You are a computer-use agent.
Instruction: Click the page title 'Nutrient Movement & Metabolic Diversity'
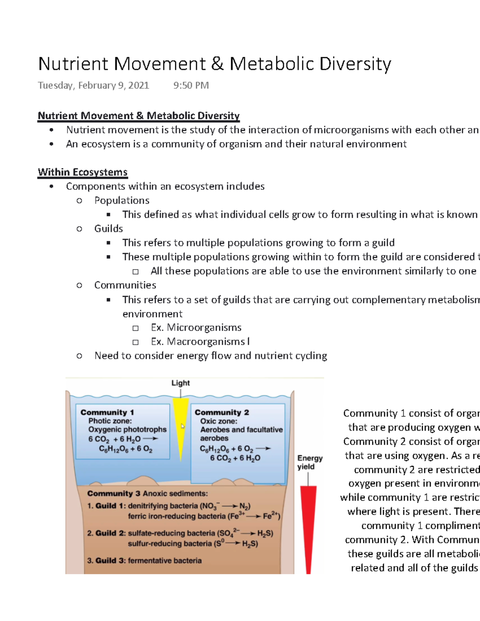(x=214, y=64)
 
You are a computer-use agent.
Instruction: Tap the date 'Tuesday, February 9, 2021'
(x=93, y=86)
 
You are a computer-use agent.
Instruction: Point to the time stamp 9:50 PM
(x=191, y=86)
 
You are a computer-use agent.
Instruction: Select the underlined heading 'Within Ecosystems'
(x=82, y=172)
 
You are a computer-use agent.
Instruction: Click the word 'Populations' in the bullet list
(x=122, y=200)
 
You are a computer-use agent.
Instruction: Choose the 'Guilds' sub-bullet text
(x=108, y=228)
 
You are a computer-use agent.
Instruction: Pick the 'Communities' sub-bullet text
(x=125, y=285)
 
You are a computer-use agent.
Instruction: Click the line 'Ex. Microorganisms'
(x=196, y=327)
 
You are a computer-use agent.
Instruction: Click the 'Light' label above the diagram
(x=180, y=383)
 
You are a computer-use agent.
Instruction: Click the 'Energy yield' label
(x=310, y=462)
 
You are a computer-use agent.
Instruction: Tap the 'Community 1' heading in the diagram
(x=107, y=412)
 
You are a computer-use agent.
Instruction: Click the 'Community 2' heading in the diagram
(x=222, y=412)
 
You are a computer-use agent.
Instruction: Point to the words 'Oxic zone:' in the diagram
(x=218, y=421)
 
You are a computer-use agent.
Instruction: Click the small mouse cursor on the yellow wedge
(x=183, y=426)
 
